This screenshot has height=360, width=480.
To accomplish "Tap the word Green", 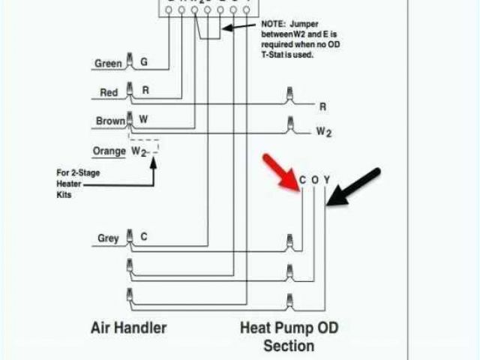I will click(x=108, y=64).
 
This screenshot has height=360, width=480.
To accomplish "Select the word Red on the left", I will click(x=109, y=93).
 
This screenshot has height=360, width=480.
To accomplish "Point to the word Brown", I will click(x=110, y=121).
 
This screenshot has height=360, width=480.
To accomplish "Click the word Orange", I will click(x=109, y=151).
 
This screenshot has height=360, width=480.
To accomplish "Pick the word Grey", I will click(x=108, y=238).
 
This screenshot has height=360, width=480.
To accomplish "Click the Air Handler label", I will click(x=129, y=327).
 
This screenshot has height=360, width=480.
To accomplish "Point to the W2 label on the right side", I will click(x=323, y=132).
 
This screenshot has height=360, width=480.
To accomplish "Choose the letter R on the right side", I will click(x=323, y=106).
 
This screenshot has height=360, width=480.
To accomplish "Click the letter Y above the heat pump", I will click(x=327, y=180).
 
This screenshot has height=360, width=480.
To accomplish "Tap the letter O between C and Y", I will click(x=315, y=180).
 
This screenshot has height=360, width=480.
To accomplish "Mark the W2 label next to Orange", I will click(x=139, y=151).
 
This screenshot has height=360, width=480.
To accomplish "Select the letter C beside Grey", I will click(x=143, y=237).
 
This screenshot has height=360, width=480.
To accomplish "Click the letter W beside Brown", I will click(x=145, y=118).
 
